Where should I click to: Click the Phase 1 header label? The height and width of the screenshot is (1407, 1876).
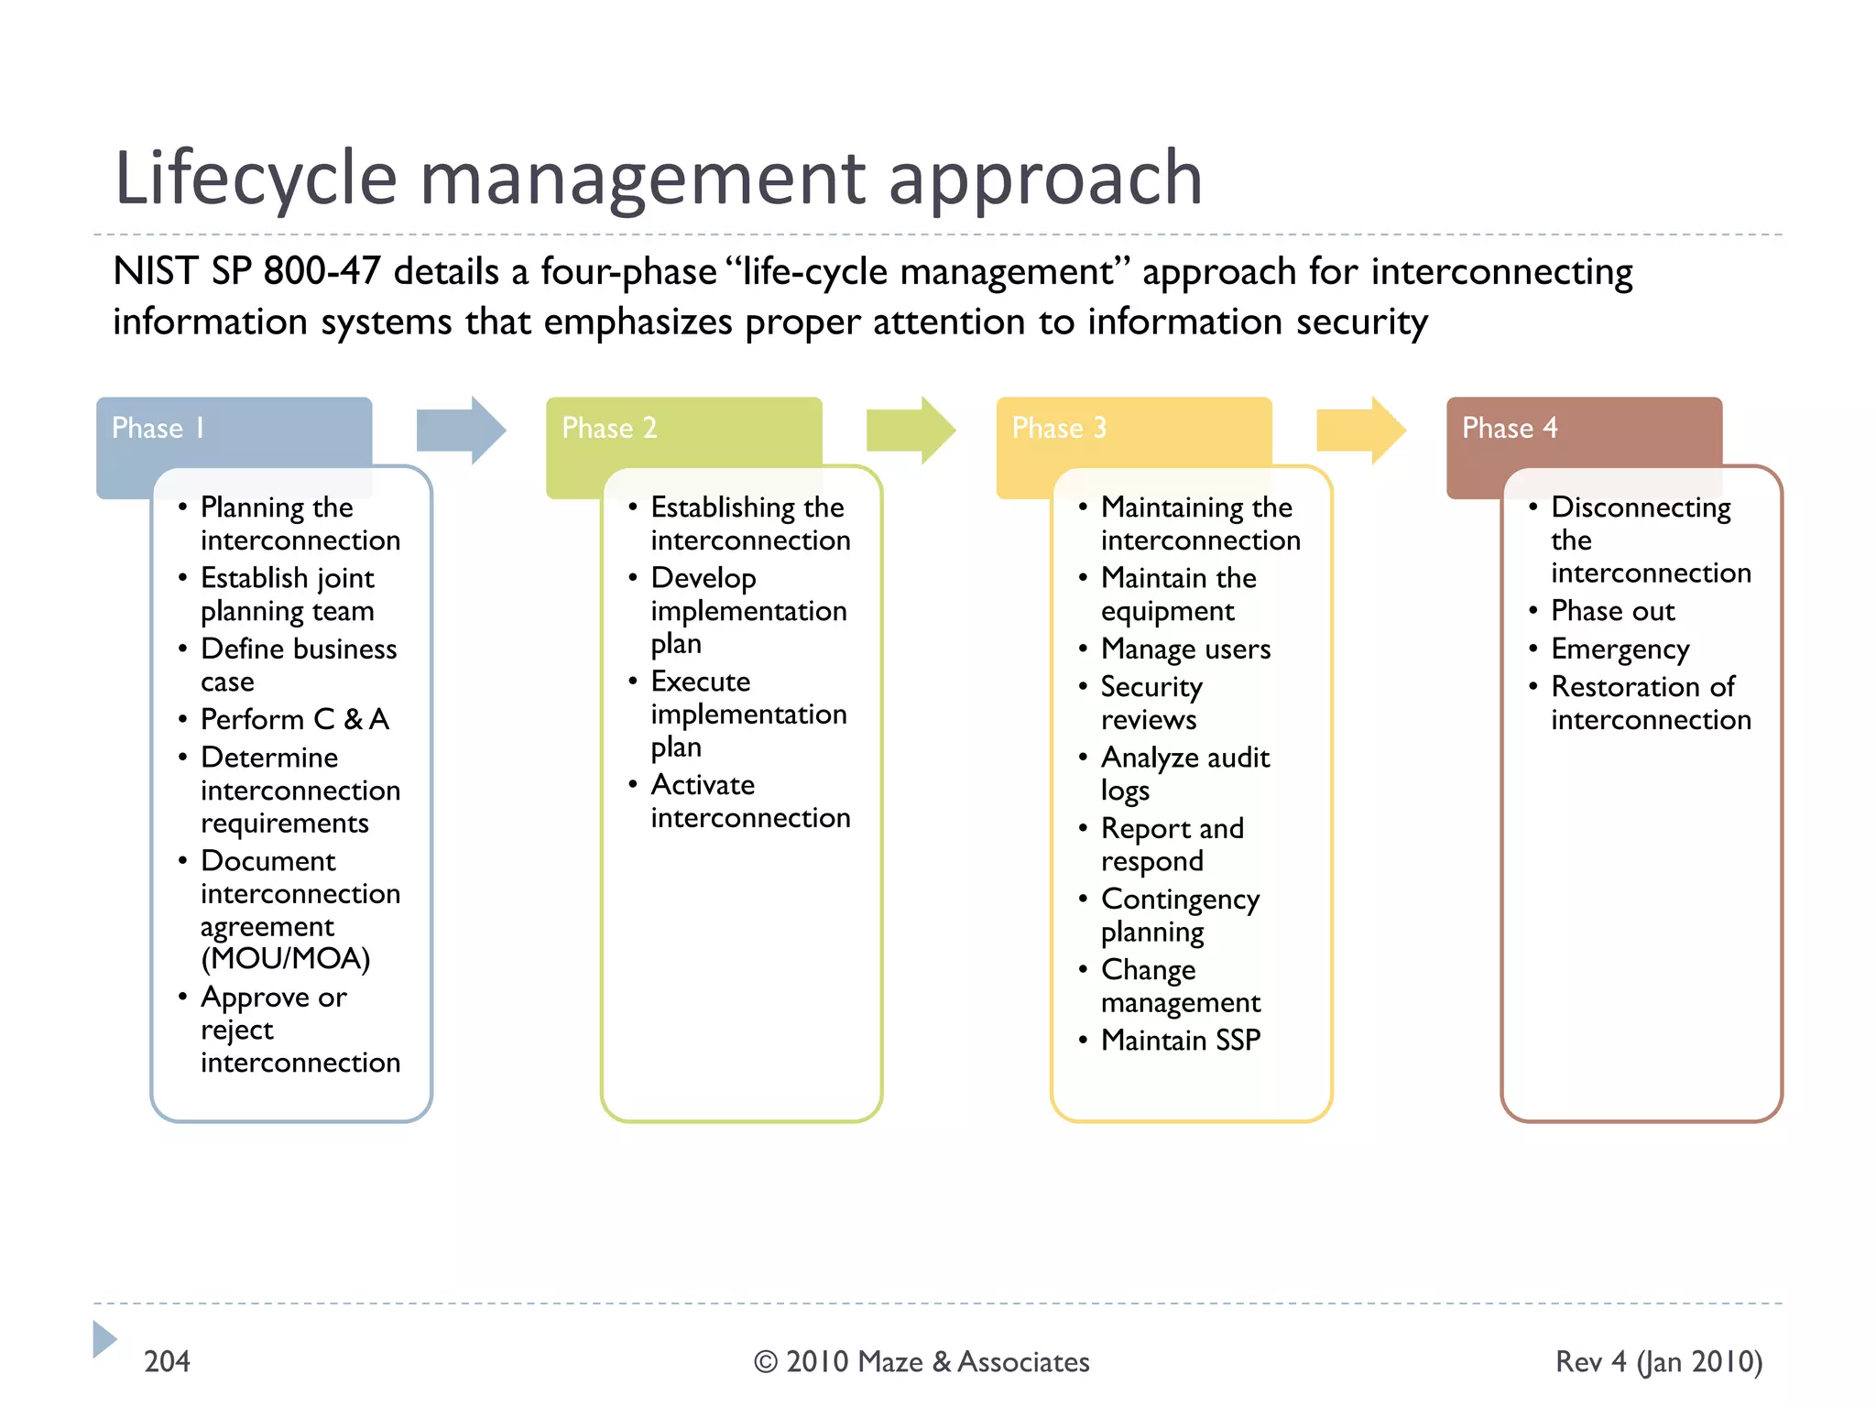pyautogui.click(x=158, y=428)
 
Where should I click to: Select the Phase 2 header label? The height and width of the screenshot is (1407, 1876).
pyautogui.click(x=609, y=428)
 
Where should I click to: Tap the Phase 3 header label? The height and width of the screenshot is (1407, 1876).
pyautogui.click(x=1059, y=428)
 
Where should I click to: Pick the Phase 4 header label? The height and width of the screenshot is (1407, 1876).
pyautogui.click(x=1509, y=428)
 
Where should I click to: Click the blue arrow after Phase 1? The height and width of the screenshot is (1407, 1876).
pyautogui.click(x=461, y=430)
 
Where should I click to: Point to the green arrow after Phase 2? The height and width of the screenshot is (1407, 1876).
pyautogui.click(x=911, y=430)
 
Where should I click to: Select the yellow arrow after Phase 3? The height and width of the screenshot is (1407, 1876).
pyautogui.click(x=1360, y=430)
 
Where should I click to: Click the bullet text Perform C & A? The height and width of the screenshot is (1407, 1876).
pyautogui.click(x=295, y=719)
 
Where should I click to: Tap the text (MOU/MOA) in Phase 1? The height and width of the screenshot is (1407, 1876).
pyautogui.click(x=286, y=958)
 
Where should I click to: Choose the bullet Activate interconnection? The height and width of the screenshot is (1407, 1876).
pyautogui.click(x=749, y=801)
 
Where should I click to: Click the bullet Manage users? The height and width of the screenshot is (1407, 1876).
pyautogui.click(x=1185, y=649)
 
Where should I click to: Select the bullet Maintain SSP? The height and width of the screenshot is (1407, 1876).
pyautogui.click(x=1180, y=1040)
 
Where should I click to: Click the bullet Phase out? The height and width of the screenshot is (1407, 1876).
pyautogui.click(x=1612, y=610)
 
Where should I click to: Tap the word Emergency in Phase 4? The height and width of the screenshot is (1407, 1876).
pyautogui.click(x=1620, y=649)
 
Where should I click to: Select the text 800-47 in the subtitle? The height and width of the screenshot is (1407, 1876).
pyautogui.click(x=321, y=271)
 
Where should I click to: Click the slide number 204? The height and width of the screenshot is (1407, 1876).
pyautogui.click(x=167, y=1361)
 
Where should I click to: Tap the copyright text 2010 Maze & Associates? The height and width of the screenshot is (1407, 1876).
pyautogui.click(x=936, y=1362)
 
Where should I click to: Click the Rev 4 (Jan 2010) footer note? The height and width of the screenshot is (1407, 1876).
pyautogui.click(x=1658, y=1361)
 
